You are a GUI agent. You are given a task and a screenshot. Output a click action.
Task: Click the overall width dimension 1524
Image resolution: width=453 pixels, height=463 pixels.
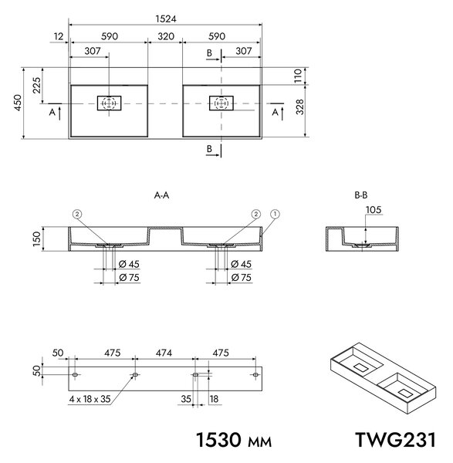(x=166, y=19)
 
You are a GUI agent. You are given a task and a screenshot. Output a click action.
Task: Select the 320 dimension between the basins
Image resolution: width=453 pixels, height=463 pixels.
(x=166, y=36)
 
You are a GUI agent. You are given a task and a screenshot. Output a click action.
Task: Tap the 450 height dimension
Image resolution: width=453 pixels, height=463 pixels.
(x=18, y=103)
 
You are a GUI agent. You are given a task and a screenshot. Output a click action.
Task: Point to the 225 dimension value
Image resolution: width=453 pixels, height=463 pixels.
(x=36, y=85)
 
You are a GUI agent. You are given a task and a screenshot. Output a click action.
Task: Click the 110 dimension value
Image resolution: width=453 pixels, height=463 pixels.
(x=298, y=76)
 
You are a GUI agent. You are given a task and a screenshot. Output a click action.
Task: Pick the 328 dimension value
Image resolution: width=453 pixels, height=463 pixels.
(x=299, y=106)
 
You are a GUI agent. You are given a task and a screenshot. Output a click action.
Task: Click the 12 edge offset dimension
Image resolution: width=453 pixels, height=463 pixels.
(x=59, y=36)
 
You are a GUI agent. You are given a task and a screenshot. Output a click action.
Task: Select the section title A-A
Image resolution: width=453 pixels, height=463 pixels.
(x=161, y=195)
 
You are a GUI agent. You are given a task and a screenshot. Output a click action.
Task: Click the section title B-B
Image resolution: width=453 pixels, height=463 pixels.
(x=361, y=195)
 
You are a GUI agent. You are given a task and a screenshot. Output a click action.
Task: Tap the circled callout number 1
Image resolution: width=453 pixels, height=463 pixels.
(x=275, y=214)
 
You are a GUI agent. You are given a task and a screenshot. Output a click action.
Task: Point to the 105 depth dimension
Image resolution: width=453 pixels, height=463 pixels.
(x=374, y=210)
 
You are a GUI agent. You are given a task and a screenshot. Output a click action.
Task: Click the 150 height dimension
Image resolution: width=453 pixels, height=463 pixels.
(x=36, y=239)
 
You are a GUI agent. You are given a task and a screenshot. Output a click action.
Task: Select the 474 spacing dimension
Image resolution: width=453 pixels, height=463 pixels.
(x=164, y=353)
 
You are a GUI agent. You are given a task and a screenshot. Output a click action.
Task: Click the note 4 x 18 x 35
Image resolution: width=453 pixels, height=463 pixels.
(x=90, y=399)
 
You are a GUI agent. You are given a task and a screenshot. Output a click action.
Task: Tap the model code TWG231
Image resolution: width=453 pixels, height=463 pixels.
(x=395, y=440)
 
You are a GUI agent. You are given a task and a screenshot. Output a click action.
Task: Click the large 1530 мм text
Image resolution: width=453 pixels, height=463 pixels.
(x=234, y=440)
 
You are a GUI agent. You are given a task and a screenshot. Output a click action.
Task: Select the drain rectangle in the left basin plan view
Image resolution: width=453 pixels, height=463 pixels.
(x=110, y=103)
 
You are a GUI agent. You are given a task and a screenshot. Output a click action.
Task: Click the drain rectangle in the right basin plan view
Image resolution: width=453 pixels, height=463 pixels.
(x=221, y=103)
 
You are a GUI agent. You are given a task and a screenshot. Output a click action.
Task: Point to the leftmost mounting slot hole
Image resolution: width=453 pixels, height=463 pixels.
(x=75, y=375)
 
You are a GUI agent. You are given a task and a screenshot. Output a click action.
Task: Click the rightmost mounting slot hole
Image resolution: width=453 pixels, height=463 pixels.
(x=255, y=375)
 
